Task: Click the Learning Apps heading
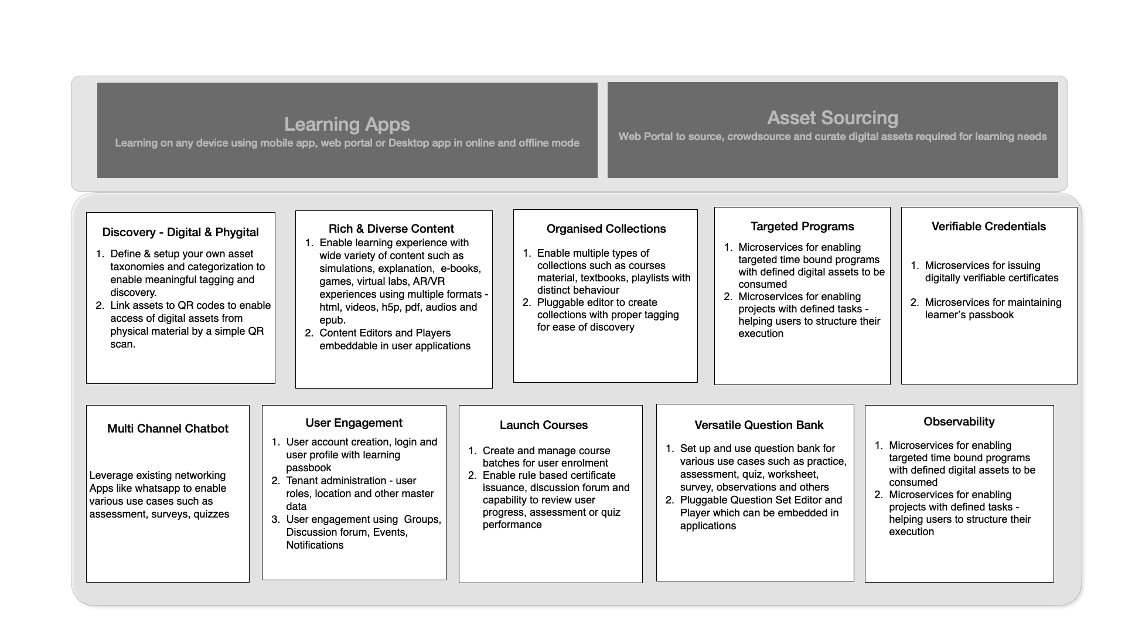[x=347, y=124]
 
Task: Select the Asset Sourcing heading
[x=832, y=118]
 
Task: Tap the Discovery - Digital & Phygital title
[x=180, y=232]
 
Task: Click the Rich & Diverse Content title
[x=391, y=229]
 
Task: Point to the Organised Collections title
[x=606, y=229]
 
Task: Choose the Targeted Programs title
[x=802, y=226]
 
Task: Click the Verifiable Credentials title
[x=988, y=226]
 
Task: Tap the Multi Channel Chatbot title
[x=168, y=428]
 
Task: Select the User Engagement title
[x=354, y=423]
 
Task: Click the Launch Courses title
[x=544, y=425]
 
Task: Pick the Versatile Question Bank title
[x=759, y=425]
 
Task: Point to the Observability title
[x=959, y=421]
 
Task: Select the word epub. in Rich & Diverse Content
[x=332, y=320]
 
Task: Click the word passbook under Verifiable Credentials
[x=991, y=315]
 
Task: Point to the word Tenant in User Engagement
[x=302, y=481]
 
